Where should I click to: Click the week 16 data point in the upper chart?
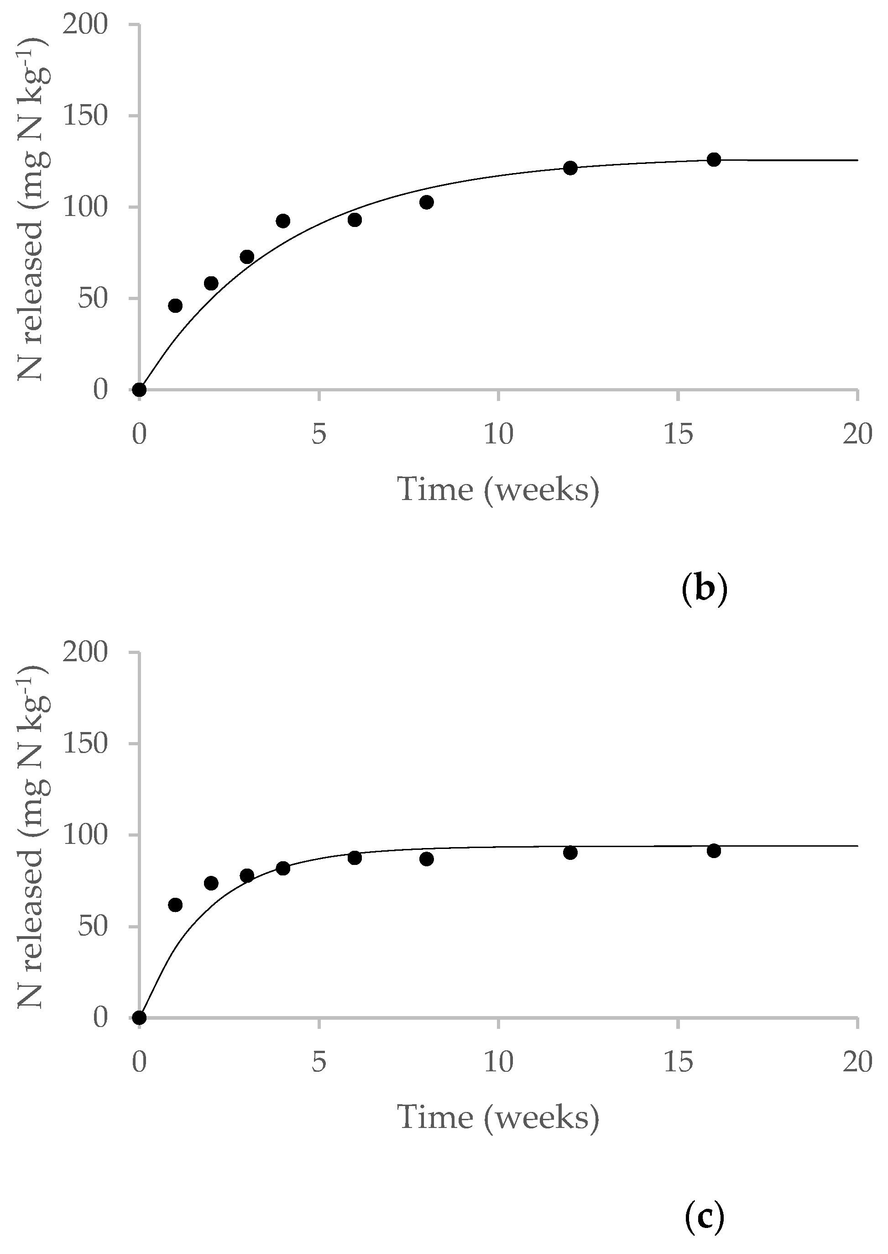tap(714, 160)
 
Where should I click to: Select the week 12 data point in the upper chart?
tap(570, 168)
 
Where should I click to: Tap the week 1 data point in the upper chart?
tap(175, 306)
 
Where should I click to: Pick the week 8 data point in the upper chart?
tap(427, 202)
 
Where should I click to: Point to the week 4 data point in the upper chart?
tap(283, 221)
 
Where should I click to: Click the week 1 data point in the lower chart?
tap(175, 905)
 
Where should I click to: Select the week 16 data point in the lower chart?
tap(714, 851)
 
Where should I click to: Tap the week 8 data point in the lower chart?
tap(427, 859)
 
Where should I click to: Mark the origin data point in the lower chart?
tap(140, 1017)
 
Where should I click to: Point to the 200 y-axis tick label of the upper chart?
tap(85, 25)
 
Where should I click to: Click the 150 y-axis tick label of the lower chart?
tap(85, 744)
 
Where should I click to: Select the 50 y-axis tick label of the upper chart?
tap(93, 299)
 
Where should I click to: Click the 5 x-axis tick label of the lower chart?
tap(319, 1063)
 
